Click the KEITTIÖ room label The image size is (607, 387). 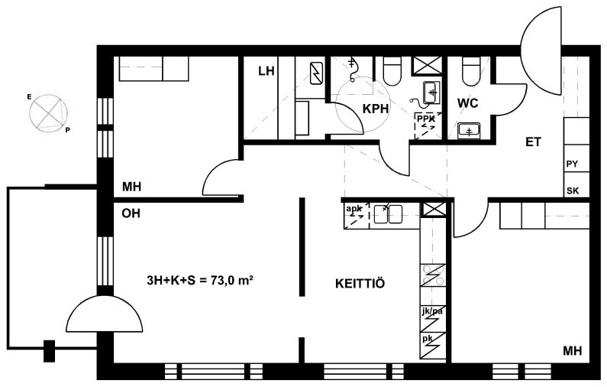tap(360, 284)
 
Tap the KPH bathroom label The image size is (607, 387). tap(375, 109)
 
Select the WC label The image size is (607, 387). tap(467, 103)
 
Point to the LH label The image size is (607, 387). tap(266, 71)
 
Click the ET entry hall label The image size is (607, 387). tap(533, 142)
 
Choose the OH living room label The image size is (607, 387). tap(131, 213)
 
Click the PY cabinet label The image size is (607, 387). tap(572, 164)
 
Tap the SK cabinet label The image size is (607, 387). tap(573, 190)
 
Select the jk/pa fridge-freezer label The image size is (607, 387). tap(432, 311)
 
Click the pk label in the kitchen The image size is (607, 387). tap(428, 339)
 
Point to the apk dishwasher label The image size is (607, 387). tap(354, 210)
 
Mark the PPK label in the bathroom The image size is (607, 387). tap(426, 119)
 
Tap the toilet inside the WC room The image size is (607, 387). tap(471, 71)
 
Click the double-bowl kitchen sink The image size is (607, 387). tap(388, 214)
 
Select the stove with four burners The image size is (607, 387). tap(433, 275)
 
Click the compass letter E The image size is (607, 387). tap(29, 97)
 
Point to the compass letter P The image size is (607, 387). tap(67, 130)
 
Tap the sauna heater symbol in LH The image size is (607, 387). tap(318, 73)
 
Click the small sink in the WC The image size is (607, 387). tap(469, 130)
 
